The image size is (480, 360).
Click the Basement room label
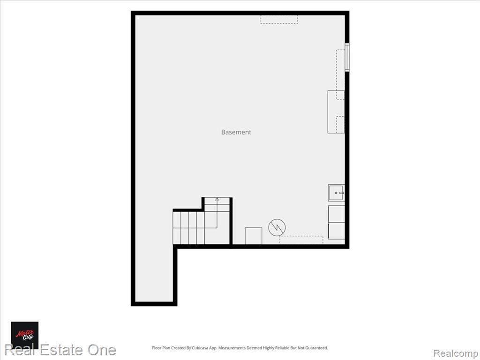coord(236,132)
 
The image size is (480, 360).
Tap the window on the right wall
coord(347,58)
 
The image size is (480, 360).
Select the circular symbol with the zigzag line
coord(277,227)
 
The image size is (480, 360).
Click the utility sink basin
coord(336,193)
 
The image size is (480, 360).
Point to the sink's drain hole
coord(336,193)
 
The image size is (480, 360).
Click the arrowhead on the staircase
coord(217,199)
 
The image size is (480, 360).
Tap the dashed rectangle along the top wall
coord(279,19)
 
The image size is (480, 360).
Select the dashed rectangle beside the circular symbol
coord(301,240)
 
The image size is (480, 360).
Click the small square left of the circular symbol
coord(254,236)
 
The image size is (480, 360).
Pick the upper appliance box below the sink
coord(337,214)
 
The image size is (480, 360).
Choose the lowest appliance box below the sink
coord(337,231)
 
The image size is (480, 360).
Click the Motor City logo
coord(25,335)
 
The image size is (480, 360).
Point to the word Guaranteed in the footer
coord(316,348)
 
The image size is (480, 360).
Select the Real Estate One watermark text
coord(60,350)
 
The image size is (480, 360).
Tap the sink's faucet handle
coord(342,193)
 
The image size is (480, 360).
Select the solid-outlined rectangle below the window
coord(336,112)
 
